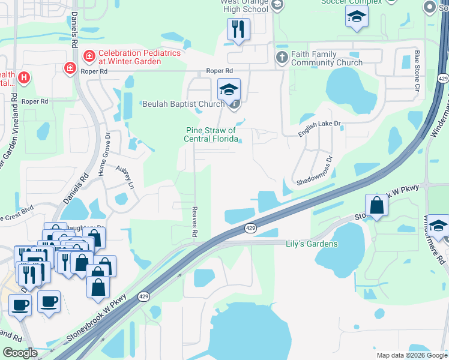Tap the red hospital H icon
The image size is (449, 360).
(x=24, y=77)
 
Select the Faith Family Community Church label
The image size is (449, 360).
(x=327, y=58)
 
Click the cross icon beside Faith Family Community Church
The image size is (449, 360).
(x=282, y=58)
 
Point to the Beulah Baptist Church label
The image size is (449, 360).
(x=183, y=104)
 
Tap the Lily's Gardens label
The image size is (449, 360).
(x=311, y=244)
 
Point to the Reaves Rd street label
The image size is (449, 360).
(x=194, y=222)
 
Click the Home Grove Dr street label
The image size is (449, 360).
(x=107, y=153)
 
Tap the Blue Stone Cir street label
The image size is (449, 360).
(x=417, y=71)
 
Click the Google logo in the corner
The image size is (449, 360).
(x=20, y=353)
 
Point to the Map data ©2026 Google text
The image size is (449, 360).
(x=411, y=355)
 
